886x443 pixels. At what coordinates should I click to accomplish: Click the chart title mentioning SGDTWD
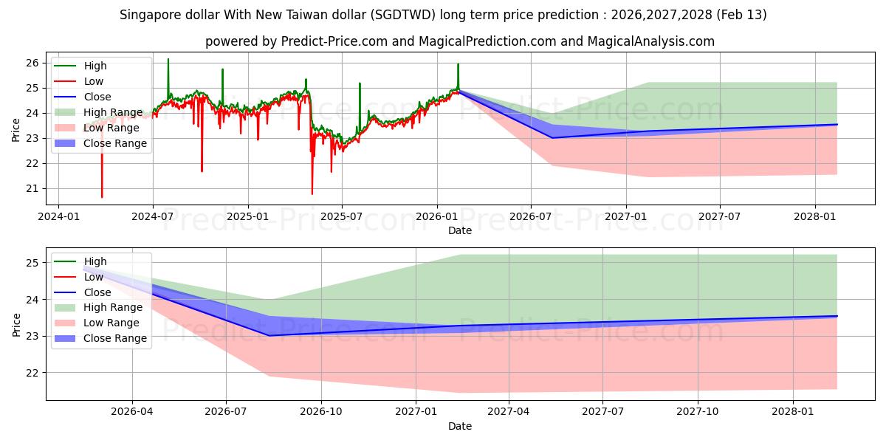click(x=443, y=15)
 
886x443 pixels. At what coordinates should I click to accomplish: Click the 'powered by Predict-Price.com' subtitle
click(x=459, y=41)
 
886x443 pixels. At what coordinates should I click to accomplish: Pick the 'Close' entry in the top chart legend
click(x=97, y=97)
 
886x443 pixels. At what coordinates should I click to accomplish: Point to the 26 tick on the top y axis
click(x=32, y=63)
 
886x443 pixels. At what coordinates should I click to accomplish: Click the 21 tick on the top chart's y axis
click(x=32, y=188)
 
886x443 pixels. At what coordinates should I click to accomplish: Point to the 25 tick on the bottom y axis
click(x=32, y=263)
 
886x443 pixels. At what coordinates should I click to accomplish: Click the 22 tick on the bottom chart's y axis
click(x=32, y=373)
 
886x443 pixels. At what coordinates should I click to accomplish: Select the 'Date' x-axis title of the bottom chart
click(x=459, y=426)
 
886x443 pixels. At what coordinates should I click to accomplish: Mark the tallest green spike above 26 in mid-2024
click(x=168, y=60)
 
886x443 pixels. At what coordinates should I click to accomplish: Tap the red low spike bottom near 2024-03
click(x=102, y=196)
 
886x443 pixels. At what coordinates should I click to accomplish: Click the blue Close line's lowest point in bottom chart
click(x=269, y=335)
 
